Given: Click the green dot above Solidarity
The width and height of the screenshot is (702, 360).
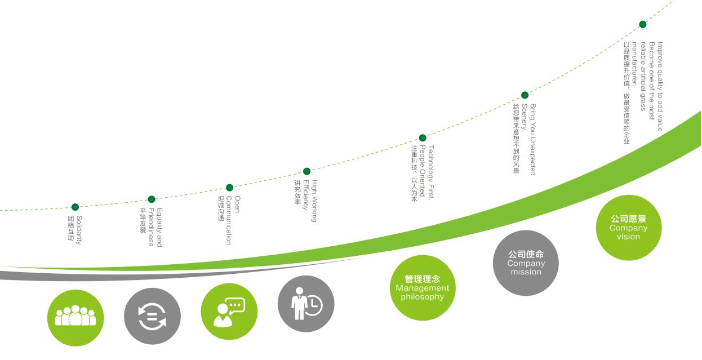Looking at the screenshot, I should [75, 207].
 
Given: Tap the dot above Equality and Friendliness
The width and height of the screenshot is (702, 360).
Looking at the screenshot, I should [152, 199].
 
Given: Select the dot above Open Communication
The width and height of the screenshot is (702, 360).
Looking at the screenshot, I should [229, 188].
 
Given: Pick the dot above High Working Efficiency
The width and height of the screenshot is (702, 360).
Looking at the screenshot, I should [306, 171].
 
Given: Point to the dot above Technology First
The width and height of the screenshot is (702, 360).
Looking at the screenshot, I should [423, 138].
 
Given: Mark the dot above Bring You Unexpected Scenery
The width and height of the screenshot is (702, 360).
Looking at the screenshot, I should [525, 95].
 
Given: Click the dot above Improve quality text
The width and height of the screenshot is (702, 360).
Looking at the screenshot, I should [642, 24].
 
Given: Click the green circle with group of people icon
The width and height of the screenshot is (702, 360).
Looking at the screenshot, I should [75, 318].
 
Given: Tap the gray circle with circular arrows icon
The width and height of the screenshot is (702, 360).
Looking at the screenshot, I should [152, 316].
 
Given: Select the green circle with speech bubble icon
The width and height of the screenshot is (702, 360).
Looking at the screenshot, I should [229, 312].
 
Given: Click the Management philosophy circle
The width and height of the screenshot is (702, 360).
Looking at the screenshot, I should [423, 288].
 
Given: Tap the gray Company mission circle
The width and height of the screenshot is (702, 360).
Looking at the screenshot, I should [526, 263].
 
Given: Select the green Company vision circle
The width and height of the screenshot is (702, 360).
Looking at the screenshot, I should [629, 228].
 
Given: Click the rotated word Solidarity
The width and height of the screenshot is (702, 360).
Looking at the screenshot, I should [79, 230].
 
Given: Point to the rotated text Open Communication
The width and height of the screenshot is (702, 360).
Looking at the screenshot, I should [233, 220].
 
